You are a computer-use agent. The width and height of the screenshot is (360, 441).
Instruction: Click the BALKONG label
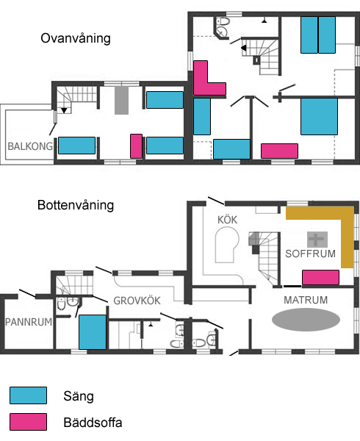pos(30,146)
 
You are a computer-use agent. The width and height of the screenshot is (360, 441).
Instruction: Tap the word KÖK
pos(227,220)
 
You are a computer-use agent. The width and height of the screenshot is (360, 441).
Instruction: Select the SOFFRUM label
pos(310,254)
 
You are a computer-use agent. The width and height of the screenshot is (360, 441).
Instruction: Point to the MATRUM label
pos(306,300)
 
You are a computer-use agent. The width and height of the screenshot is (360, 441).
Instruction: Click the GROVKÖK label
pos(137,301)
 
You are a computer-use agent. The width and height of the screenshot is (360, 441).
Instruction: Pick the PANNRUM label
pos(29,322)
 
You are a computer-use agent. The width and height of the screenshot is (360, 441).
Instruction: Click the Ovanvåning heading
pos(76,38)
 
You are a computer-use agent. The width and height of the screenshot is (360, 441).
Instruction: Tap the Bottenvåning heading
pos(76,205)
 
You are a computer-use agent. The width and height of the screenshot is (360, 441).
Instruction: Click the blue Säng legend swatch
pos(28,395)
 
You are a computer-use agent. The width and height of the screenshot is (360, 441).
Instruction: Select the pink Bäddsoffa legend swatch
pos(28,422)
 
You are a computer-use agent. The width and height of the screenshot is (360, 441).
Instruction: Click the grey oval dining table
pos(306,320)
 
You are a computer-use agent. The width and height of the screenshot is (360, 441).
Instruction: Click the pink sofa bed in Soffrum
pos(320,277)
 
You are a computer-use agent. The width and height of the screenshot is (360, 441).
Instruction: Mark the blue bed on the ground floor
pos(93,332)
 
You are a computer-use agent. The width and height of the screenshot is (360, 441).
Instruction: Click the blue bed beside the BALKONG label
pos(76,146)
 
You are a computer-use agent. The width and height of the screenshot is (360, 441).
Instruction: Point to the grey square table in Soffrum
pos(317,240)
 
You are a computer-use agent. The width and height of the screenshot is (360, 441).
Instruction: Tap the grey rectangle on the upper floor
pos(121,100)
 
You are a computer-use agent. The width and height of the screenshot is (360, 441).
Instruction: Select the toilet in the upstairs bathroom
pos(224,21)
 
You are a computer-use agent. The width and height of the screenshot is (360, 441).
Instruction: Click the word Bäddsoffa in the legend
pos(93,423)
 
